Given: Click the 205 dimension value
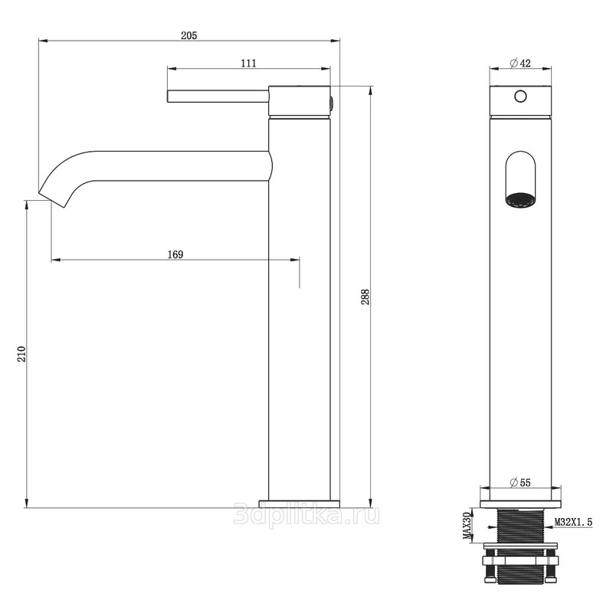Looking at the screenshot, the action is (188, 35).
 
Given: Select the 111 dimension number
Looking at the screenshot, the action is (248, 63).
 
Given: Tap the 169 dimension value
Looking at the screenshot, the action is (175, 254).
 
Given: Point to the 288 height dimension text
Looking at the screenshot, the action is (365, 297).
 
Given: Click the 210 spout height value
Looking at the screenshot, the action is (21, 354).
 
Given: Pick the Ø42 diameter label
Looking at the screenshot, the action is (520, 63).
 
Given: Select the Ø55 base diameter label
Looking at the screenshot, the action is (520, 483).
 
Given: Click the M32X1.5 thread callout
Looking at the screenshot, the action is (573, 522).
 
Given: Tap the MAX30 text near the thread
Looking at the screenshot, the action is (467, 526).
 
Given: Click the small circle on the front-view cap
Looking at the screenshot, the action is (520, 97).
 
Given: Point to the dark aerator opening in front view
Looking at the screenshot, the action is (520, 200).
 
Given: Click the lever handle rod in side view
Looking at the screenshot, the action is (218, 97).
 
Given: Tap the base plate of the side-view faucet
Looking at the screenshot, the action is (300, 504).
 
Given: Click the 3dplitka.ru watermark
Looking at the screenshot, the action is (306, 514).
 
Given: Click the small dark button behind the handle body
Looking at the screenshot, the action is (332, 103).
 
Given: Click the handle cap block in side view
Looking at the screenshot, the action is (300, 101).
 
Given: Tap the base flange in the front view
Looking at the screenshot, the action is (520, 504).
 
